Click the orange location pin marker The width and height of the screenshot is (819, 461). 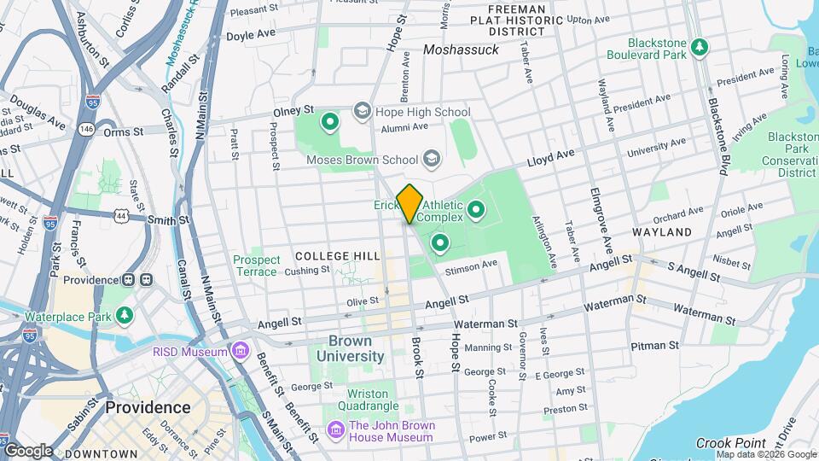[x=409, y=203]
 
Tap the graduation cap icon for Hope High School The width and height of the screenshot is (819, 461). [x=362, y=112]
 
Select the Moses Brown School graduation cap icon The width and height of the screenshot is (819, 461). [x=433, y=159]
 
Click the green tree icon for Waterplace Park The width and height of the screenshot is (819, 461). [x=125, y=316]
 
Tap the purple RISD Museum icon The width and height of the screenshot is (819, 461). [x=241, y=352]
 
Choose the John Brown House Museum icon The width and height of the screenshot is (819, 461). [x=335, y=431]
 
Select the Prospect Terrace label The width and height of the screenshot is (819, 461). [x=257, y=266]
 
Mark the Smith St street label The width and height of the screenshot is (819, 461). [x=167, y=220]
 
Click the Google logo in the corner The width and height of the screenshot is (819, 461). [x=28, y=450]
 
